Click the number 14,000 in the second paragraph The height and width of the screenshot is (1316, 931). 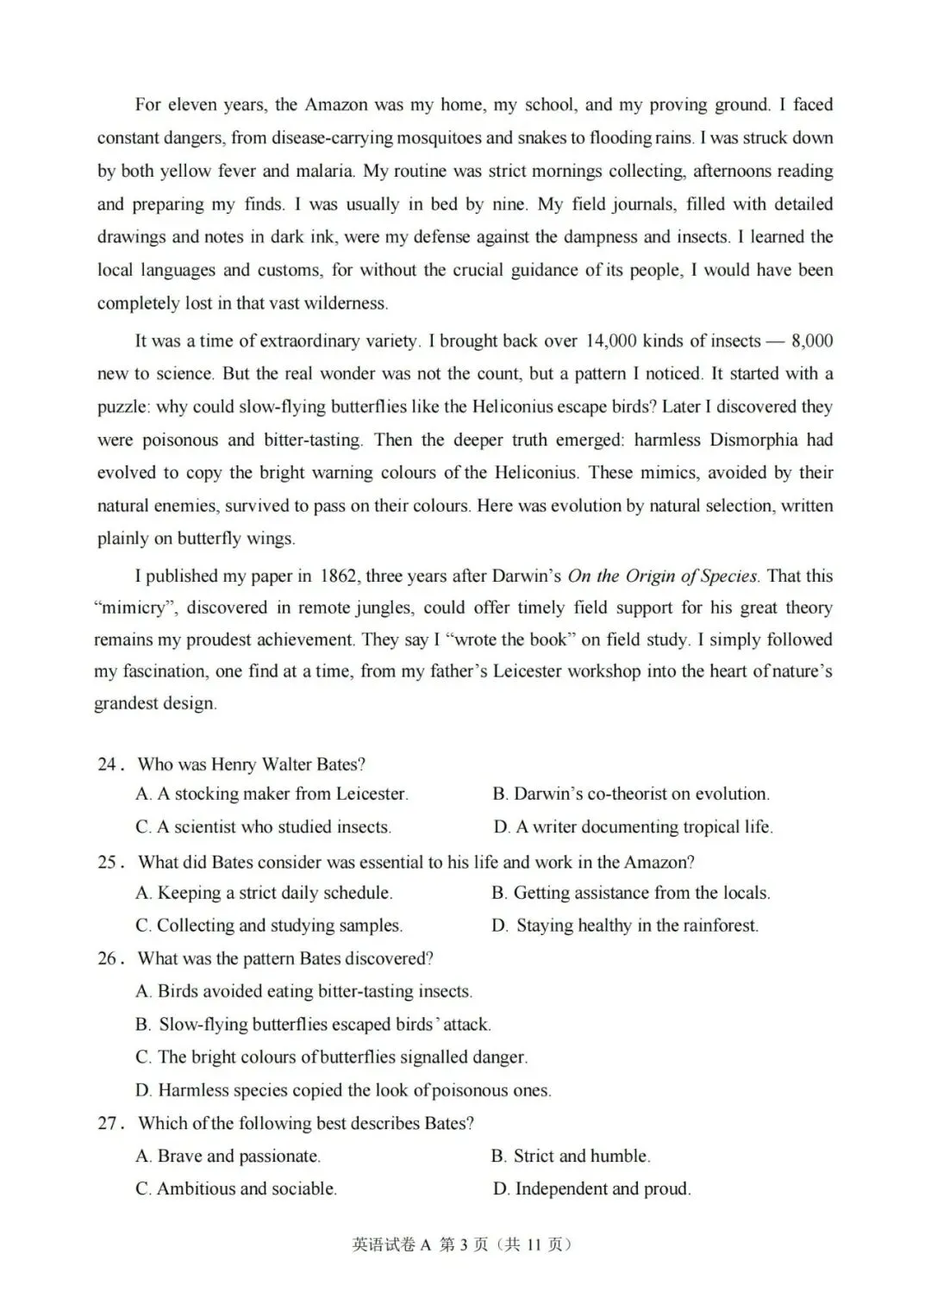(610, 340)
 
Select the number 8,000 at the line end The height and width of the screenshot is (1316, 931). (811, 340)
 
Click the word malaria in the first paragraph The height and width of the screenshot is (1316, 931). (322, 171)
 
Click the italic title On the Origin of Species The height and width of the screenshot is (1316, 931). (662, 576)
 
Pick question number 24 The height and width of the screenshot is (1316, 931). (111, 764)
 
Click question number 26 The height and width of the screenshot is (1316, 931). (111, 959)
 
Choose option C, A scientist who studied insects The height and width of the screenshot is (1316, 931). (263, 827)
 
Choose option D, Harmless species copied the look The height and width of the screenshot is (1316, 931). (343, 1090)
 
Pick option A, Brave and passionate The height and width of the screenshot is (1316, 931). (228, 1156)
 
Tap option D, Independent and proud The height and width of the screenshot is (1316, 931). (591, 1188)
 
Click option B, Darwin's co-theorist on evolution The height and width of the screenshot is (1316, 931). (631, 794)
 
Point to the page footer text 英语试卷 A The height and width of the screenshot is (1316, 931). (391, 1244)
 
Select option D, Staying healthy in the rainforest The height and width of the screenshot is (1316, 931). (625, 926)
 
